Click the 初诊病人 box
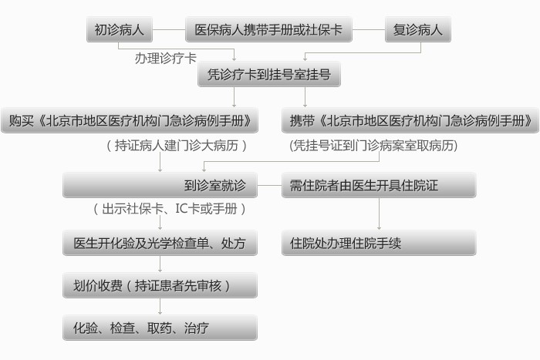point(120,29)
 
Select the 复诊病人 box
point(418,29)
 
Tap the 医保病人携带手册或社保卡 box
point(268,29)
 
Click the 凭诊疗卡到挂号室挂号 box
point(269,74)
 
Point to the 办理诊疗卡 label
point(166,58)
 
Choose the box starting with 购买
point(130,120)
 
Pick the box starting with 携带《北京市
point(410,120)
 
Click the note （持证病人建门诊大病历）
point(177,146)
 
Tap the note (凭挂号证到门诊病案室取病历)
point(373,146)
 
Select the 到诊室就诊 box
point(160,185)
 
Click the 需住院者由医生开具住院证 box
point(379,185)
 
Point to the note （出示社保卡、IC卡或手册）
point(169,209)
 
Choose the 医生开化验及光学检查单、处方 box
point(160,243)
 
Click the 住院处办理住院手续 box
point(379,243)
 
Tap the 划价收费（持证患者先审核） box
point(160,285)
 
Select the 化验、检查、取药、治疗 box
point(160,328)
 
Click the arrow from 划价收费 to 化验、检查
point(160,306)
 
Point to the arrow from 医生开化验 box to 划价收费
point(160,264)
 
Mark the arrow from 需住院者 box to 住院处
point(380,214)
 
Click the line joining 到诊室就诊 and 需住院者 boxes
point(269,186)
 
